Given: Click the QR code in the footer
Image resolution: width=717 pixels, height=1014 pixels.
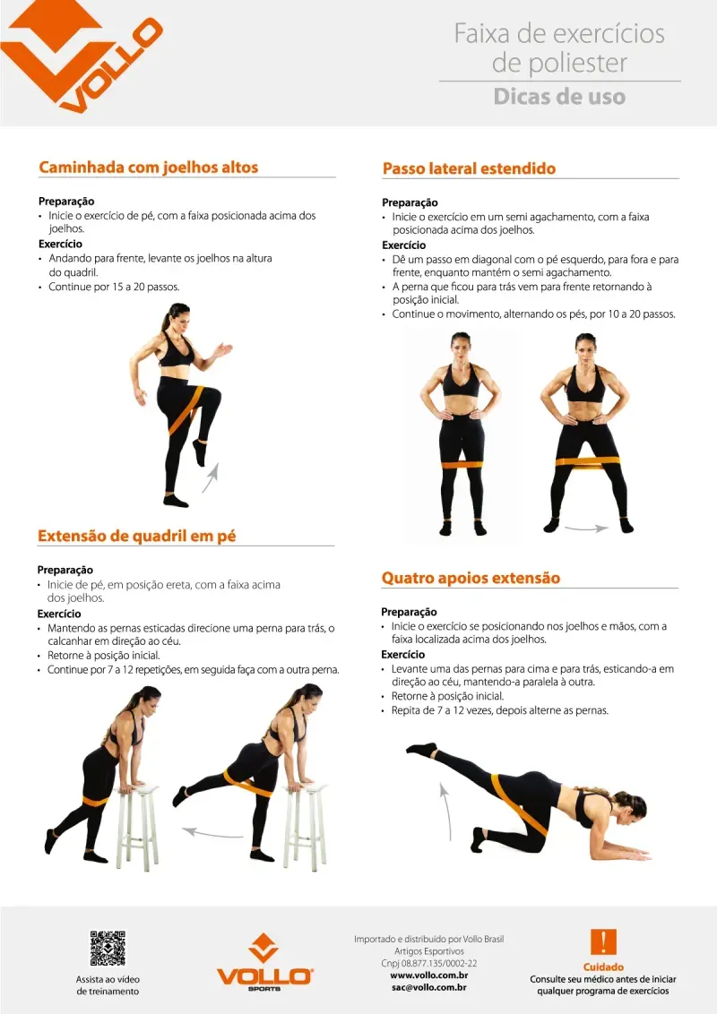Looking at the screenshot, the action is tap(108, 948).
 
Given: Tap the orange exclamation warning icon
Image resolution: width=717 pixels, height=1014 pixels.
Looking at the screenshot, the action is tap(603, 942).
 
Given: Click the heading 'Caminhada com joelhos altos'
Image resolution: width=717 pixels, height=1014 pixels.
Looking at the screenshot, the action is tap(148, 167).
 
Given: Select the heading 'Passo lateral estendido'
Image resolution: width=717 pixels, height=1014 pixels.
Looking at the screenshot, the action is tap(469, 168).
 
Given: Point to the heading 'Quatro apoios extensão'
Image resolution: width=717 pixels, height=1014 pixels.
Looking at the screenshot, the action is tap(471, 578).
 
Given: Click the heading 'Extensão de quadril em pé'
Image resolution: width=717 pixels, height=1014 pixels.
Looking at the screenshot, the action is tap(136, 536).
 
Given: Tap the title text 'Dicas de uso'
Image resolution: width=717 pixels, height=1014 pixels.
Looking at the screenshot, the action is tap(559, 97).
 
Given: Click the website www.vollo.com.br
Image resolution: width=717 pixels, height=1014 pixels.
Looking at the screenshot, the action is tap(429, 975).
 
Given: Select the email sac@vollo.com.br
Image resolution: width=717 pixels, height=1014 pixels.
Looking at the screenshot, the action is tap(429, 987).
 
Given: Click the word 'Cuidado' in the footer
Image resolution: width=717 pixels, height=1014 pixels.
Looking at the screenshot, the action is tap(603, 967).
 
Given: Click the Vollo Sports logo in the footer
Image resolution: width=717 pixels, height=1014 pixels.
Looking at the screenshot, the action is tap(264, 962).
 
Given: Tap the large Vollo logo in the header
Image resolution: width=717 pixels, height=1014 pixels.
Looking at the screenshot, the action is tap(81, 55).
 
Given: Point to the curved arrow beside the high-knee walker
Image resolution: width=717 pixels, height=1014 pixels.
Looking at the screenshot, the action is tap(212, 477).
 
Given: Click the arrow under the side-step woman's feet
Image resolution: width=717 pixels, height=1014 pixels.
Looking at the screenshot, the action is tap(586, 528).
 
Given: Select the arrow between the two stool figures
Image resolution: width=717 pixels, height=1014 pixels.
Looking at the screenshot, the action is tap(212, 833).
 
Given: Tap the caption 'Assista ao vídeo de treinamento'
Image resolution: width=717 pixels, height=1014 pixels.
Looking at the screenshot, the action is tap(108, 985).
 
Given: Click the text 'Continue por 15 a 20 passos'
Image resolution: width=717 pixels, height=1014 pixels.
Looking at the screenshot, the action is tap(113, 287).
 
